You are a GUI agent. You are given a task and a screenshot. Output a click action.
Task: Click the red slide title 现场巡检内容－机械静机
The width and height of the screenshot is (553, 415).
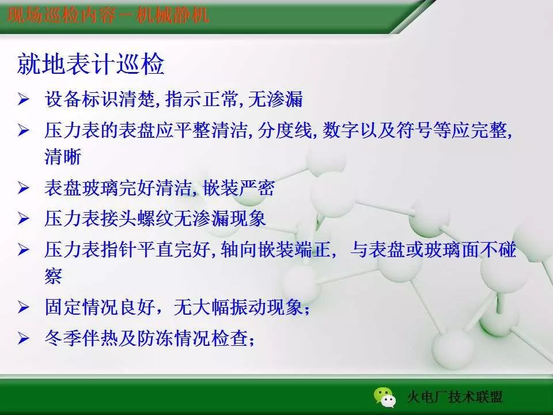[108, 16]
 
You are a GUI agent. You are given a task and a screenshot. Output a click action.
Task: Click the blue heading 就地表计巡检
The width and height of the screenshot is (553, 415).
[90, 64]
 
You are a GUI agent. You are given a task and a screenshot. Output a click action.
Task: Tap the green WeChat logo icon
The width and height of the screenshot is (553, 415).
[385, 397]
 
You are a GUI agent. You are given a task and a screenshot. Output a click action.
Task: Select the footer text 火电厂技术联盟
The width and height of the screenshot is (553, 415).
[455, 397]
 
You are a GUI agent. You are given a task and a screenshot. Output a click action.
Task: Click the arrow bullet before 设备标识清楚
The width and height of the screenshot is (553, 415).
[23, 99]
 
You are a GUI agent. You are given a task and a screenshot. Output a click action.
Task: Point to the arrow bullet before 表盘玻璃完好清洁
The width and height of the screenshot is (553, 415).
[23, 188]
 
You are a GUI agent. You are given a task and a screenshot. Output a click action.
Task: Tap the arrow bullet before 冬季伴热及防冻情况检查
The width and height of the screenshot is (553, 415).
[23, 338]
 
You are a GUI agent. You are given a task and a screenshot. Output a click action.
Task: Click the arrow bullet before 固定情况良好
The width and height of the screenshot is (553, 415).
[23, 307]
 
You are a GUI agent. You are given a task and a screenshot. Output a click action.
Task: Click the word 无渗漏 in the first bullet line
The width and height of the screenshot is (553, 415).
[275, 99]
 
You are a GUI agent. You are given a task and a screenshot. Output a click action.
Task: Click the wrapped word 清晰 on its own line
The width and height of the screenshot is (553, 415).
[63, 157]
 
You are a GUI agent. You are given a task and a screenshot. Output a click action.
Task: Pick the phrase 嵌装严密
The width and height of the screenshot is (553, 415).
[238, 188]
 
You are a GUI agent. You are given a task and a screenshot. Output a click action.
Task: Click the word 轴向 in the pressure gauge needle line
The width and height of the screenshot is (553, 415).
[238, 250]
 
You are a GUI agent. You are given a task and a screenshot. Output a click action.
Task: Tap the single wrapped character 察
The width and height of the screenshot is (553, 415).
[53, 276]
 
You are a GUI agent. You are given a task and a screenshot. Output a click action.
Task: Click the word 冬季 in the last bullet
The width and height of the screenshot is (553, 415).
[63, 338]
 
